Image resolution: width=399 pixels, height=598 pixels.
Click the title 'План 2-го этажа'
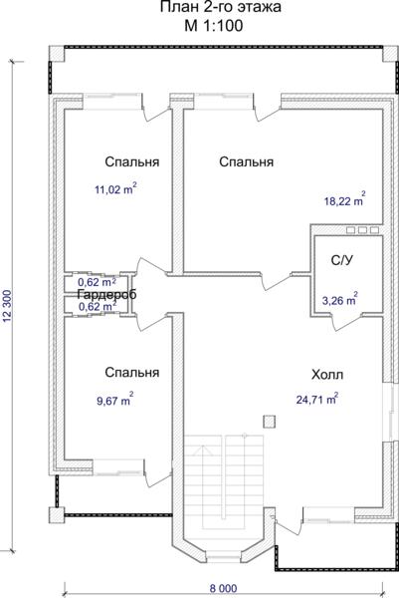click(220, 7)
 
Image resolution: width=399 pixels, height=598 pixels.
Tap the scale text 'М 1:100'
click(214, 26)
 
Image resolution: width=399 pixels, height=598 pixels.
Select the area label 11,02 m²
click(115, 188)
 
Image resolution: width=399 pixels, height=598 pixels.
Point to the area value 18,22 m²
click(345, 200)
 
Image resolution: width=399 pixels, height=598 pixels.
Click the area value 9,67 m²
click(115, 400)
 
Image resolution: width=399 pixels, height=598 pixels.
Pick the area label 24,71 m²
click(317, 399)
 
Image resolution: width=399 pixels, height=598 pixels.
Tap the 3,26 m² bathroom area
click(340, 299)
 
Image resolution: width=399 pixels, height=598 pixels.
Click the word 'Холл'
click(327, 375)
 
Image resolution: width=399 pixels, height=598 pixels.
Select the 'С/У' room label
click(342, 260)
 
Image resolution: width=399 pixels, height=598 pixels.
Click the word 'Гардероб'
click(106, 294)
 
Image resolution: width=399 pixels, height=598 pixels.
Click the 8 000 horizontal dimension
click(223, 588)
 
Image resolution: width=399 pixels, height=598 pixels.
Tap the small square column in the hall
click(269, 422)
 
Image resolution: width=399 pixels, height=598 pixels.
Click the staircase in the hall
click(224, 481)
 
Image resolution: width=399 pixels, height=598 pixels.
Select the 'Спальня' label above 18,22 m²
click(247, 161)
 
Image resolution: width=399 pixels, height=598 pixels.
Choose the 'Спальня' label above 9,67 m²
click(132, 372)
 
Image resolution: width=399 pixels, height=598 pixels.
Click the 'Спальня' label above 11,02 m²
click(132, 161)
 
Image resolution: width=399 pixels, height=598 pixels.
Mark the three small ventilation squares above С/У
click(362, 230)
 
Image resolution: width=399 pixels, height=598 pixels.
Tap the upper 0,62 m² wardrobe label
click(98, 282)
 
